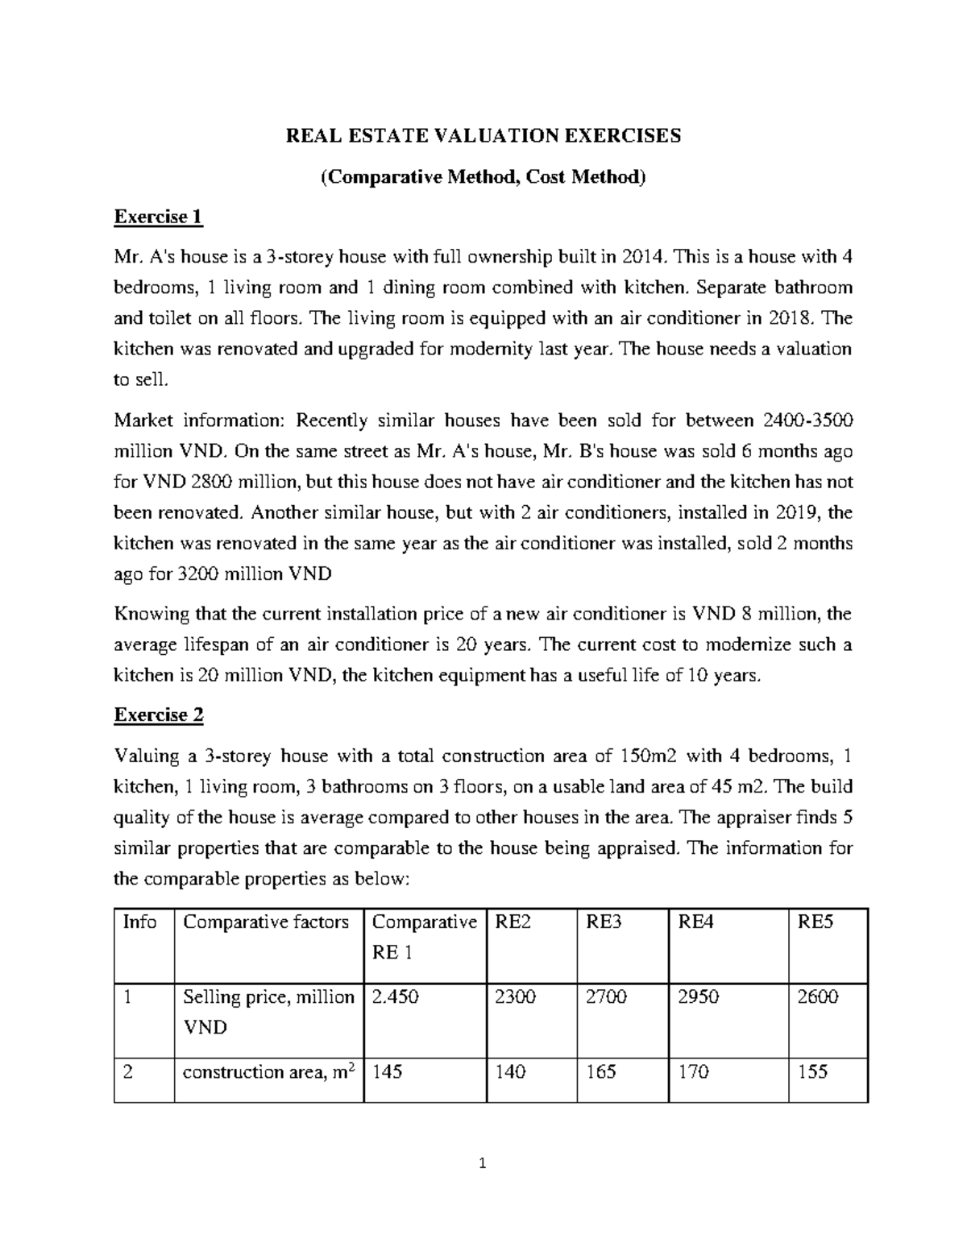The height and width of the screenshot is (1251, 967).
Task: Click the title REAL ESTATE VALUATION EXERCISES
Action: click(x=483, y=135)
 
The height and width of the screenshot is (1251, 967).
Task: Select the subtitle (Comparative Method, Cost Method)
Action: click(x=483, y=176)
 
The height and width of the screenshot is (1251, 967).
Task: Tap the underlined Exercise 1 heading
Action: click(x=158, y=217)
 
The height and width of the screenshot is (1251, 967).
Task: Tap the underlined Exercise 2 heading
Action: click(x=159, y=715)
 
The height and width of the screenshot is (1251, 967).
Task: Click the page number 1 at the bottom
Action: click(x=483, y=1163)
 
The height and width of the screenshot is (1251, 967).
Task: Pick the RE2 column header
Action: click(x=513, y=922)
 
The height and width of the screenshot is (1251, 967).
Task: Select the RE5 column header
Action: click(x=814, y=922)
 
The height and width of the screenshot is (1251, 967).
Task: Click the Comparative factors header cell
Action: click(x=266, y=922)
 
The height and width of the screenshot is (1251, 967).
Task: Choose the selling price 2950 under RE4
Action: click(x=698, y=997)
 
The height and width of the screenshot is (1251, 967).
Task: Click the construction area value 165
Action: click(x=601, y=1072)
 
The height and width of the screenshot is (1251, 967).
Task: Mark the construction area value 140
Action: click(x=510, y=1072)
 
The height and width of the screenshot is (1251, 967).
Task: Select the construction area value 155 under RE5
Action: click(x=812, y=1072)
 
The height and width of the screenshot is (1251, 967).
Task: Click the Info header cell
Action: click(x=139, y=922)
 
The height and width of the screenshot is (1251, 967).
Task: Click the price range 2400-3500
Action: click(x=804, y=420)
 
